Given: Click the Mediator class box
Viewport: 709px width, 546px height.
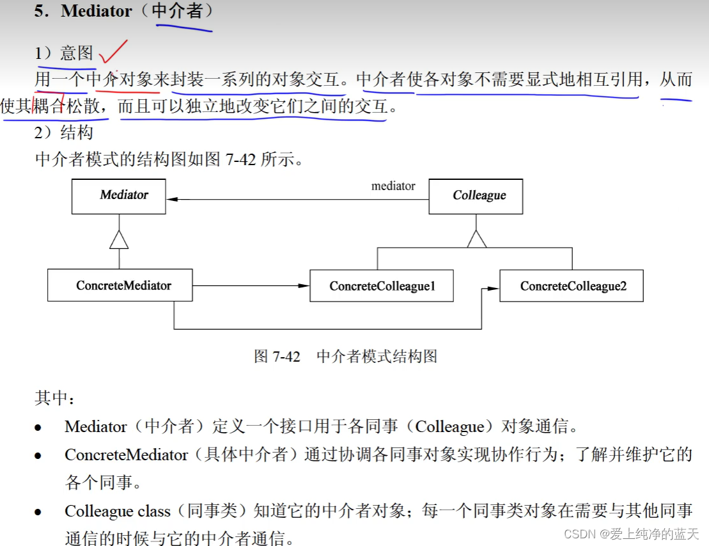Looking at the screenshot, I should (x=119, y=196).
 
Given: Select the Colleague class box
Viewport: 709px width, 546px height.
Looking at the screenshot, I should (x=476, y=196).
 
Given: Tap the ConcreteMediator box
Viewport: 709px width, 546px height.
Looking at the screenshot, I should (x=120, y=285).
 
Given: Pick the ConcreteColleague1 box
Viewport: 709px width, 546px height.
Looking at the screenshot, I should (x=382, y=286).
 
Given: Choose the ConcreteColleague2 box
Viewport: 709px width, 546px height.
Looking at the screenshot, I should (x=572, y=286).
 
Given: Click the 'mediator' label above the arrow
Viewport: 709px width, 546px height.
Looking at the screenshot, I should (x=393, y=186).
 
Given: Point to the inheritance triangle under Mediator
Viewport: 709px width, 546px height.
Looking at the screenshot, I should (x=119, y=240).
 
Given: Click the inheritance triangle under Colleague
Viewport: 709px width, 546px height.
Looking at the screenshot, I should (x=476, y=239).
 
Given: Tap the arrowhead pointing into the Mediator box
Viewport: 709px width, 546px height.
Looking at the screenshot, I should (x=172, y=200).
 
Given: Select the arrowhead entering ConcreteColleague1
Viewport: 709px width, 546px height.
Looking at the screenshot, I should (x=304, y=285).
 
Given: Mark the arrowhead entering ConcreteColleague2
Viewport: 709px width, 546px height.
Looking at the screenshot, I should (x=494, y=289).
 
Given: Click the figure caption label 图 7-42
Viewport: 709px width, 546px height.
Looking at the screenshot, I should (x=277, y=357).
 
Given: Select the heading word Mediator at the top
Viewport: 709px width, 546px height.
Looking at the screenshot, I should (x=96, y=12).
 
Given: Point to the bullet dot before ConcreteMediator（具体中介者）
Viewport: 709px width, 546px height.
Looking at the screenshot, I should (x=38, y=456).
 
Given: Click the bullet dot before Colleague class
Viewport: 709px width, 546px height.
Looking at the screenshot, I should (x=38, y=512).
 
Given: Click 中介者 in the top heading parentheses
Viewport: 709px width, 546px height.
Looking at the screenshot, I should (x=178, y=12).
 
